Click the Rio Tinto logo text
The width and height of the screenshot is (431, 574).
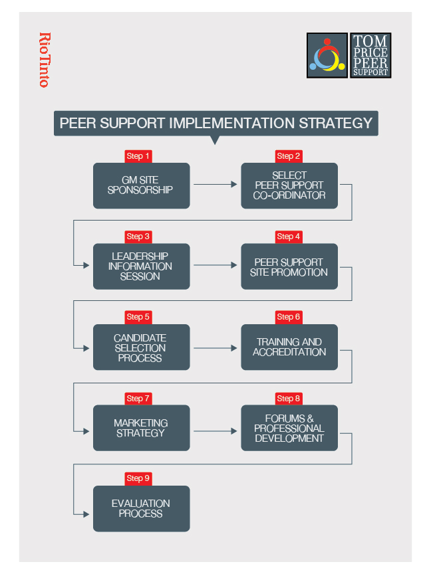[x=45, y=60]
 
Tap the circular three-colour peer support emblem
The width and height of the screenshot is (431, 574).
[x=327, y=55]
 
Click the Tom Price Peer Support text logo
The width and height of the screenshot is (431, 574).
[x=370, y=55]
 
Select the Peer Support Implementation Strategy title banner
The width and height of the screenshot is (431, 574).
[x=215, y=124]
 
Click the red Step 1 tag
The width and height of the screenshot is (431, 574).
[x=138, y=156]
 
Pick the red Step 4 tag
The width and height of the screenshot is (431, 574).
[x=289, y=237]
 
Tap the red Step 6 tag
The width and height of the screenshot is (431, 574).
[x=289, y=317]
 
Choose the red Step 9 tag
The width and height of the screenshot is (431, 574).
[x=138, y=478]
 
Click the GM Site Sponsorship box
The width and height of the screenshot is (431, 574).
[x=141, y=185]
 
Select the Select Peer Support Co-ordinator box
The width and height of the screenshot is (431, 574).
[x=289, y=185]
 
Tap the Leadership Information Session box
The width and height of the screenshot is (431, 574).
[x=141, y=266]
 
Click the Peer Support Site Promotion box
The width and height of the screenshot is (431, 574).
[x=289, y=266]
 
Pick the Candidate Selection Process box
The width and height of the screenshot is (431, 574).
[x=141, y=347]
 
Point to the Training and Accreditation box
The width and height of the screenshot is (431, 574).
[x=289, y=347]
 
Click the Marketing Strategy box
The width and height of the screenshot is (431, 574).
[x=141, y=428]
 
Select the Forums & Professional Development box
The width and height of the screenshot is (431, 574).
[x=289, y=428]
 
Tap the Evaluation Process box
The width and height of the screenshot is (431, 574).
[x=141, y=509]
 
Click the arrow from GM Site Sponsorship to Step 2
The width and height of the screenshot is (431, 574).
[x=215, y=185]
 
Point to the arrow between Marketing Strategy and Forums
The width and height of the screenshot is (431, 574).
[x=215, y=430]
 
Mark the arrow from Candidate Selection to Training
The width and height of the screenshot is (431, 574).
[x=215, y=347]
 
